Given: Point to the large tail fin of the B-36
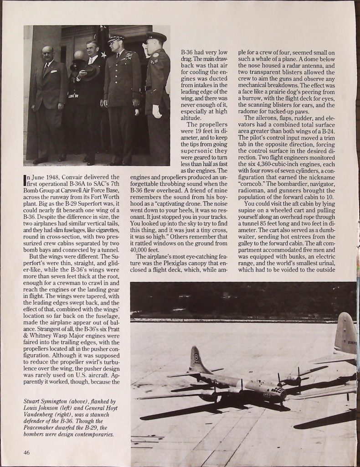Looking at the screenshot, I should tap(346, 332).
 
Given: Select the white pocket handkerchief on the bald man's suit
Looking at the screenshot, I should tap(54, 71).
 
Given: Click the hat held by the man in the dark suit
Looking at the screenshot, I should tap(90, 72).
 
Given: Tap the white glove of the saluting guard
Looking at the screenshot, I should tap(156, 111).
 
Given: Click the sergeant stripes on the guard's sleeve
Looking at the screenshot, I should tap(155, 60).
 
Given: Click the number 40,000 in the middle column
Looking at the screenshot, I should tap(141, 250).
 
